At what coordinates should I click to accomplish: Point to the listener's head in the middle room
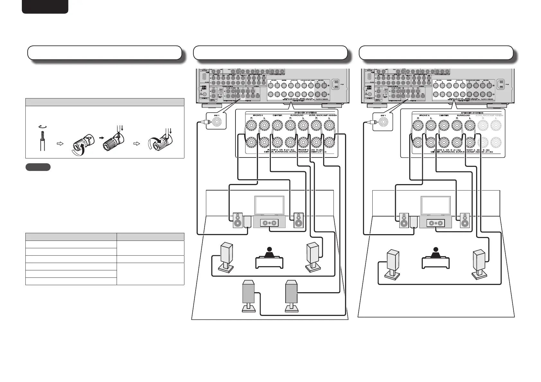(x=269, y=250)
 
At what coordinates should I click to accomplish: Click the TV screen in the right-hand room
(x=435, y=205)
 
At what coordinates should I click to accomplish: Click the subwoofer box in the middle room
(x=247, y=221)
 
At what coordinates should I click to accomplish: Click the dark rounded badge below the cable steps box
(x=38, y=167)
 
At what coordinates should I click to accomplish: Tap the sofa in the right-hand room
(x=435, y=262)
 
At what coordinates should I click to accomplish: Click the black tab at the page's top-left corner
(x=45, y=6)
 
